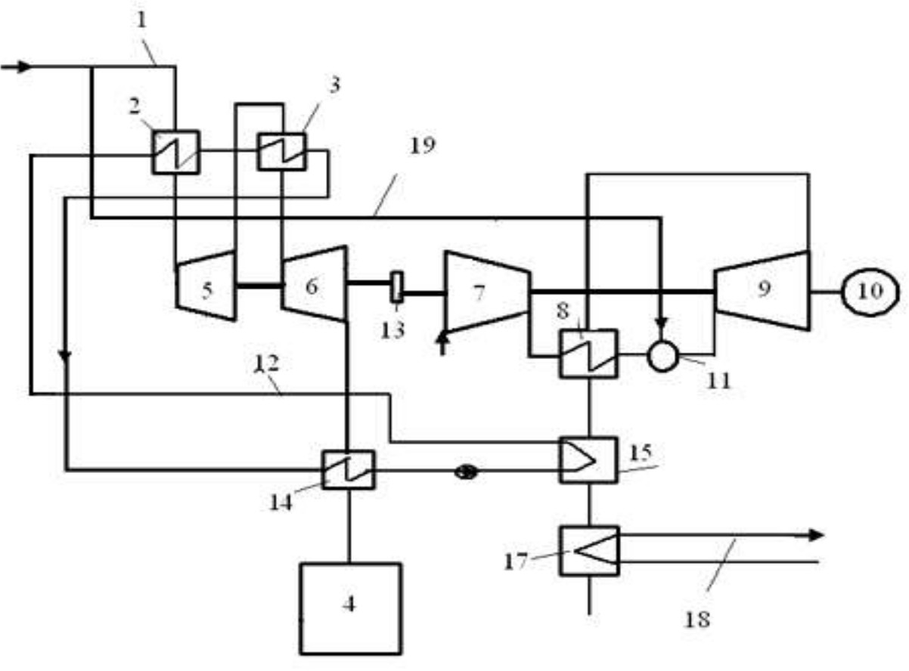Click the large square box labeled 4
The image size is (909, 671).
click(x=349, y=608)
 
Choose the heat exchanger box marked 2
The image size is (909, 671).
click(x=175, y=151)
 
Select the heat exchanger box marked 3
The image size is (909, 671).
click(x=281, y=151)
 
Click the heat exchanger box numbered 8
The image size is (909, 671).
click(x=588, y=354)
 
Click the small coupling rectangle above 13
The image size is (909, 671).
click(x=396, y=288)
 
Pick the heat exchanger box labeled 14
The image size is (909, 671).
click(x=347, y=470)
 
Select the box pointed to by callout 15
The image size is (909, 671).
click(x=588, y=460)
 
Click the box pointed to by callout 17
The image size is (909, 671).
click(x=588, y=550)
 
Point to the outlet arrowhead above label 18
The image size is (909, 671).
click(x=814, y=535)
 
